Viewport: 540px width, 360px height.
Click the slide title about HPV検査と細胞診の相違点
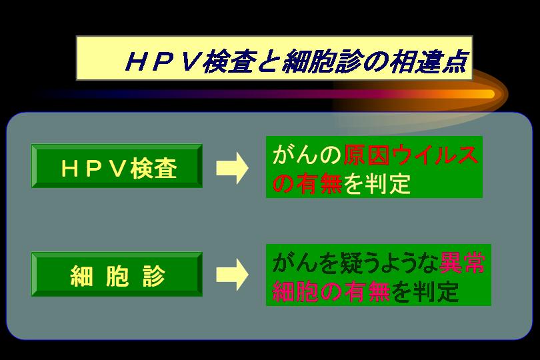click(295, 62)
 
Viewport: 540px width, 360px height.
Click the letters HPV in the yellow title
click(163, 62)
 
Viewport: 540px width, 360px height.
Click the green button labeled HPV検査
click(117, 166)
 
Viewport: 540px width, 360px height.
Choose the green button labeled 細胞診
click(117, 274)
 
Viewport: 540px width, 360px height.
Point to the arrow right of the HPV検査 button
click(232, 168)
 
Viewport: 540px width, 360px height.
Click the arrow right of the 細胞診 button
click(232, 275)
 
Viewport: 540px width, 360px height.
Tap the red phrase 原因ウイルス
click(411, 155)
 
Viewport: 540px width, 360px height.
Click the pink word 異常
click(462, 263)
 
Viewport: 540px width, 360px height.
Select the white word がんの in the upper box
click(307, 155)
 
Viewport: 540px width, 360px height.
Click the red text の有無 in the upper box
click(307, 183)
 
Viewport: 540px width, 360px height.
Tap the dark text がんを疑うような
click(355, 263)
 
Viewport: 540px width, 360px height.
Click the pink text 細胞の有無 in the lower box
click(331, 291)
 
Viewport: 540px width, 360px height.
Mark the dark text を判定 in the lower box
click(425, 291)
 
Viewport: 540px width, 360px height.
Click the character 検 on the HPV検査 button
click(142, 169)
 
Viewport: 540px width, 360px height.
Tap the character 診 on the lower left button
click(154, 275)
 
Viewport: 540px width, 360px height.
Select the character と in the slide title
click(269, 62)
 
